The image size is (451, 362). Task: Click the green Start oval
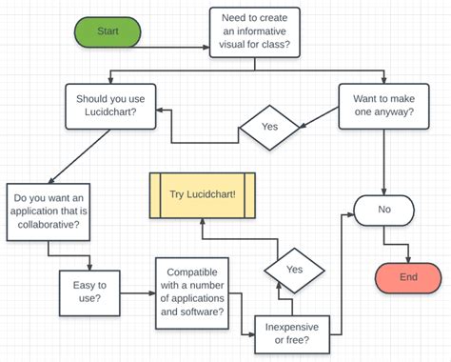tap(108, 31)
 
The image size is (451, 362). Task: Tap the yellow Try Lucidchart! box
tap(202, 194)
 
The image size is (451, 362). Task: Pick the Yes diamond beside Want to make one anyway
tap(268, 126)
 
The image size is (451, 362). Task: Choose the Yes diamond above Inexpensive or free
tap(294, 270)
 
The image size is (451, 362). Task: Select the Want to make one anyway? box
tap(383, 104)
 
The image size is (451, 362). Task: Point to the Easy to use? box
tap(90, 290)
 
